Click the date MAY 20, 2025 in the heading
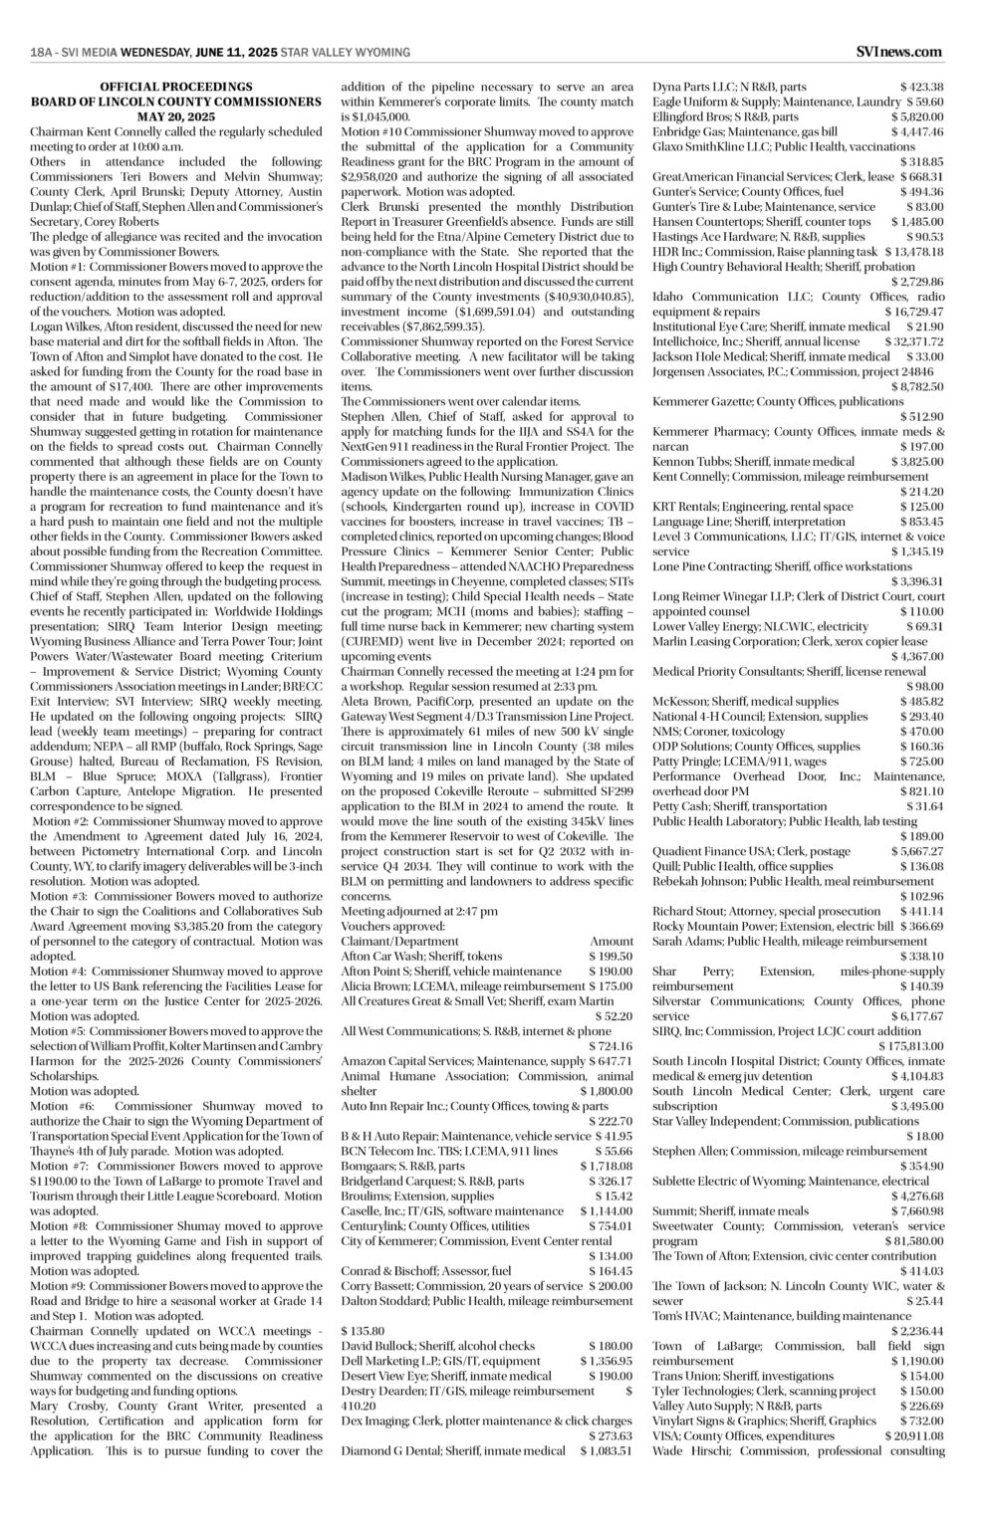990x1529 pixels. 176,116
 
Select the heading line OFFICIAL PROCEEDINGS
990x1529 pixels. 176,88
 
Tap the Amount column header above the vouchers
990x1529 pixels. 611,941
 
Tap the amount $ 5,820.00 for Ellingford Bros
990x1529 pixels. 916,115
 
